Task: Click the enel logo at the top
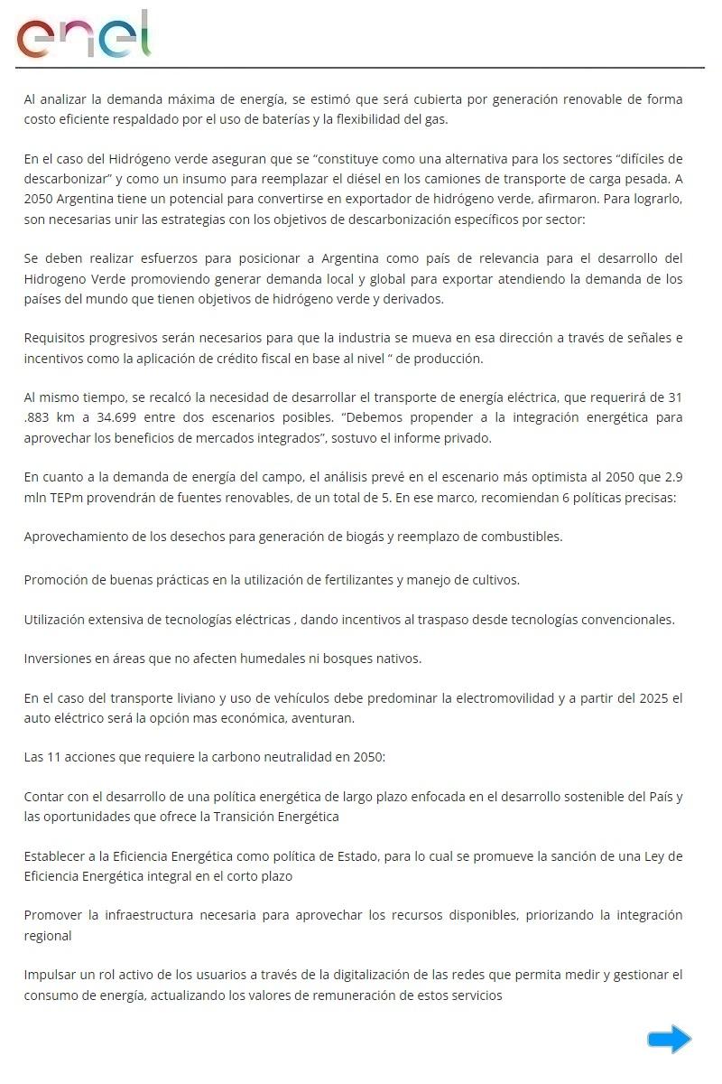pos(84,35)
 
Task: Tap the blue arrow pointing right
pos(669,1039)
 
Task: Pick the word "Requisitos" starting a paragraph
pos(55,338)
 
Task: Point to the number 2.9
pos(673,477)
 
